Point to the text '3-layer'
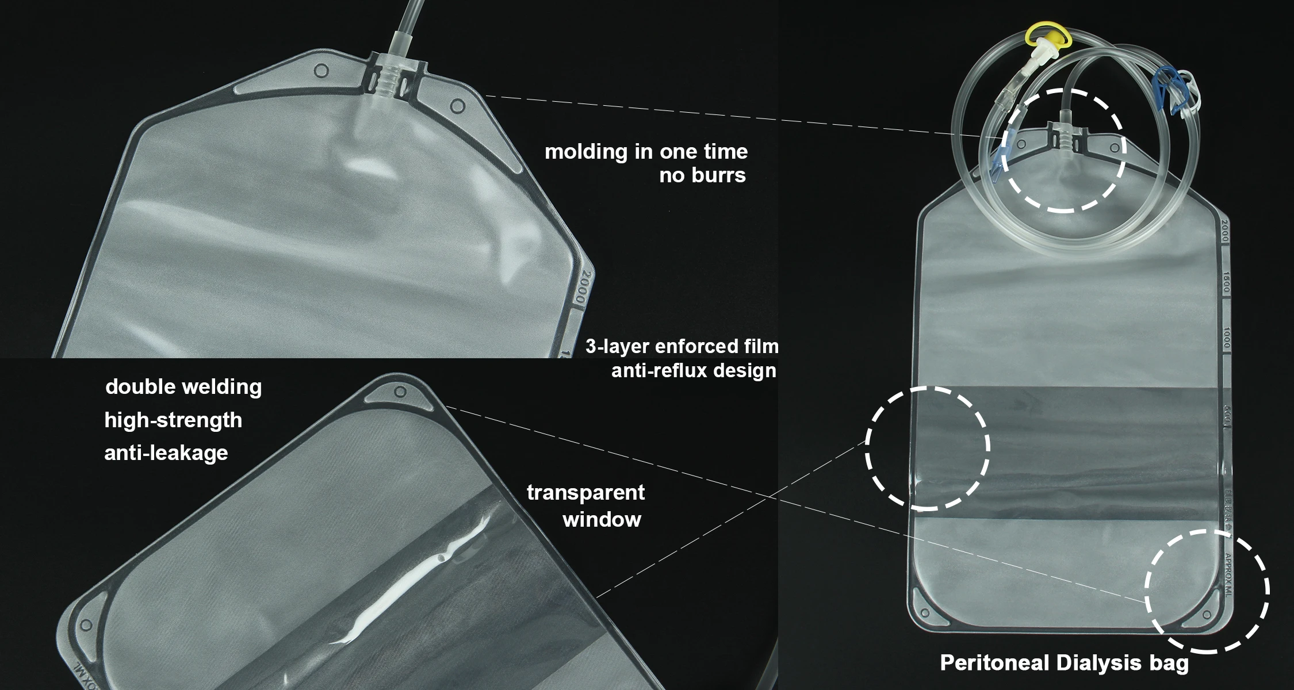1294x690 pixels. tap(617, 346)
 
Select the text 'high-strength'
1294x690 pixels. tap(173, 420)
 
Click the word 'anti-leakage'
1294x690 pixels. tap(166, 453)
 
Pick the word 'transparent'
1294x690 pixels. tap(585, 492)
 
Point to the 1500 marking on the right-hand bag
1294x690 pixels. tap(1226, 282)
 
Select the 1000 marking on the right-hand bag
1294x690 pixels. tap(1226, 338)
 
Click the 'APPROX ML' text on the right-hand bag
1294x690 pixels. tap(1227, 574)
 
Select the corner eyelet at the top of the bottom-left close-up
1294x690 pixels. tap(401, 393)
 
